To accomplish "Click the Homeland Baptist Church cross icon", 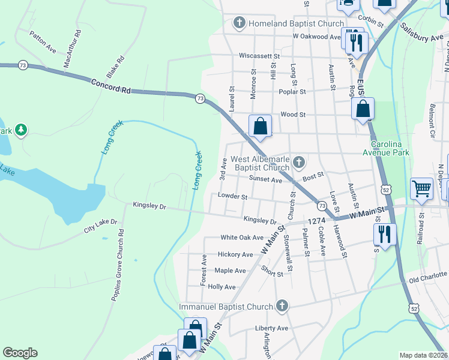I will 239,24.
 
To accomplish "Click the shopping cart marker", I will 422,188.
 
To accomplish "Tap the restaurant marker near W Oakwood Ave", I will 358,42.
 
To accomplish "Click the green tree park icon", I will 21,130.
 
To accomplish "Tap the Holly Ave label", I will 221,287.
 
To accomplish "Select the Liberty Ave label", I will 271,328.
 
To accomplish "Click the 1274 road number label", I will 317,221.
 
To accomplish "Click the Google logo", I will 20,353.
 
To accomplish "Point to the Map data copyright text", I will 423,355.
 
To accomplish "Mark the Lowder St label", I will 233,196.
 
